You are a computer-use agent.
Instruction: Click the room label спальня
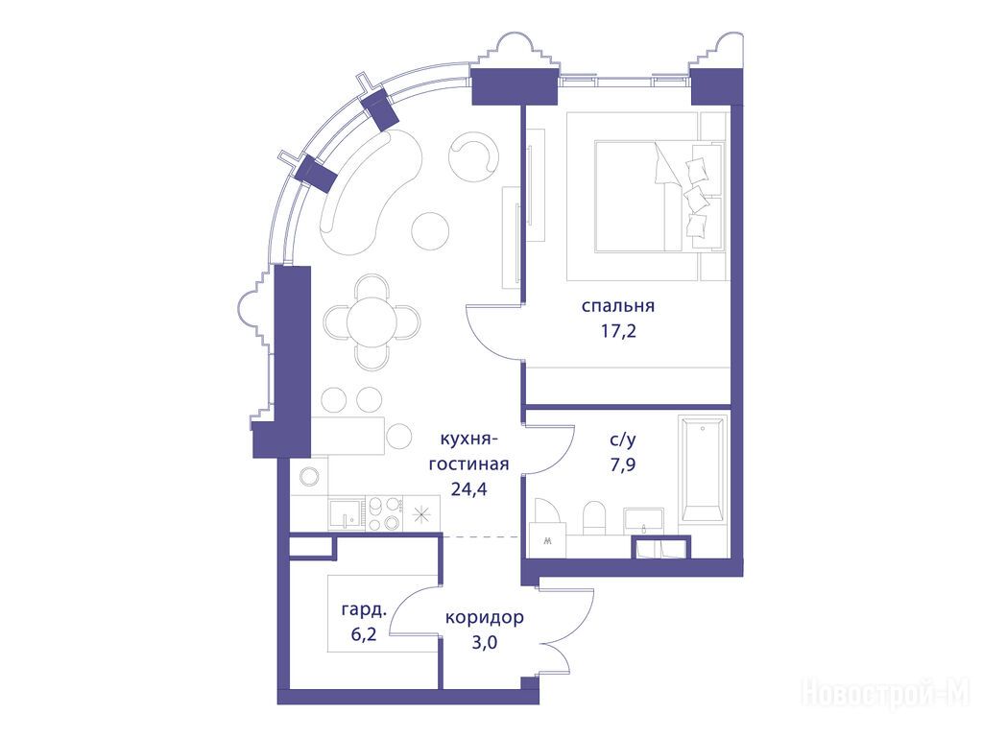pos(617,306)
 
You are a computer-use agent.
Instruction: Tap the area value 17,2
pos(618,330)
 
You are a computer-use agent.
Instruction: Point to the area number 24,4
pos(468,488)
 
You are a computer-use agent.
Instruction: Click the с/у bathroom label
pos(622,440)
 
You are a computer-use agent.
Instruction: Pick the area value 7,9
pos(622,464)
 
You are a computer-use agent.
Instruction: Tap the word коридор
pos(485,617)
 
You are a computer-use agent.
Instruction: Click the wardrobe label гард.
pos(364,609)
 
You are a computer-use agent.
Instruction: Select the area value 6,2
pos(364,634)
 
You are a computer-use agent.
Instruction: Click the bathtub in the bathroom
pos(702,467)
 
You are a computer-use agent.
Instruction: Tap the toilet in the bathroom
pos(593,518)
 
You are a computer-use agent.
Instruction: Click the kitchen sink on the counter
pos(346,514)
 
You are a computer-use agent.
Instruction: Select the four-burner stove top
pos(384,514)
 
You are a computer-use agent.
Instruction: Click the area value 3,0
pos(485,642)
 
